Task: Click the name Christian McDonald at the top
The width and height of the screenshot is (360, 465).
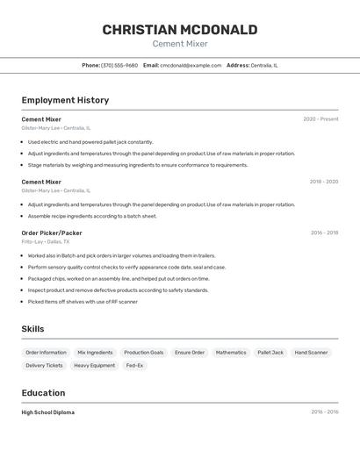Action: (x=179, y=30)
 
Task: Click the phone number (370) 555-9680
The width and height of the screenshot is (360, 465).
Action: (x=119, y=65)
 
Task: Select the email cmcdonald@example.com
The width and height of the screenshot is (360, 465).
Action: (x=191, y=65)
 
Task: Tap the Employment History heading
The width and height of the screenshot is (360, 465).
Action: (x=65, y=100)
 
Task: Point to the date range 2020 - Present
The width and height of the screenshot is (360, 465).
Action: (x=320, y=119)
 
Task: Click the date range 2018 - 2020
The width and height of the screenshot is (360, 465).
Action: (x=323, y=182)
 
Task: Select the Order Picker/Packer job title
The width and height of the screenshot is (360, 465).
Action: (x=52, y=232)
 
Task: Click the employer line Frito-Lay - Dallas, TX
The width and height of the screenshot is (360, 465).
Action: (x=46, y=241)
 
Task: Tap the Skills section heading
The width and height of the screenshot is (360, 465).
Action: (x=33, y=329)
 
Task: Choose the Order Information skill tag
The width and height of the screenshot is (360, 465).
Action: (x=46, y=353)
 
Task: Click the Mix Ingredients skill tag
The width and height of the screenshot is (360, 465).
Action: (x=95, y=353)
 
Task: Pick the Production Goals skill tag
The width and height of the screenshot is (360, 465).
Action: (x=143, y=353)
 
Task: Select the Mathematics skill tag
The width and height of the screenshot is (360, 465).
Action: (x=231, y=353)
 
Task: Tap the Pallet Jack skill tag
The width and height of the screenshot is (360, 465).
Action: (x=270, y=353)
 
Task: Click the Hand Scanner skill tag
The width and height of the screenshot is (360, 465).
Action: (x=311, y=353)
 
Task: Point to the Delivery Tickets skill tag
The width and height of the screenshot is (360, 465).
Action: (x=44, y=365)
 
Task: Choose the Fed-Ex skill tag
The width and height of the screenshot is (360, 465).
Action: (x=134, y=365)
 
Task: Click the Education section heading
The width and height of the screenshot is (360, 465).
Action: (x=43, y=393)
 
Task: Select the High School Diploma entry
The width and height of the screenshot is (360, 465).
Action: (x=48, y=412)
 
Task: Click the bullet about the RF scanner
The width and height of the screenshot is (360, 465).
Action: (x=83, y=302)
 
